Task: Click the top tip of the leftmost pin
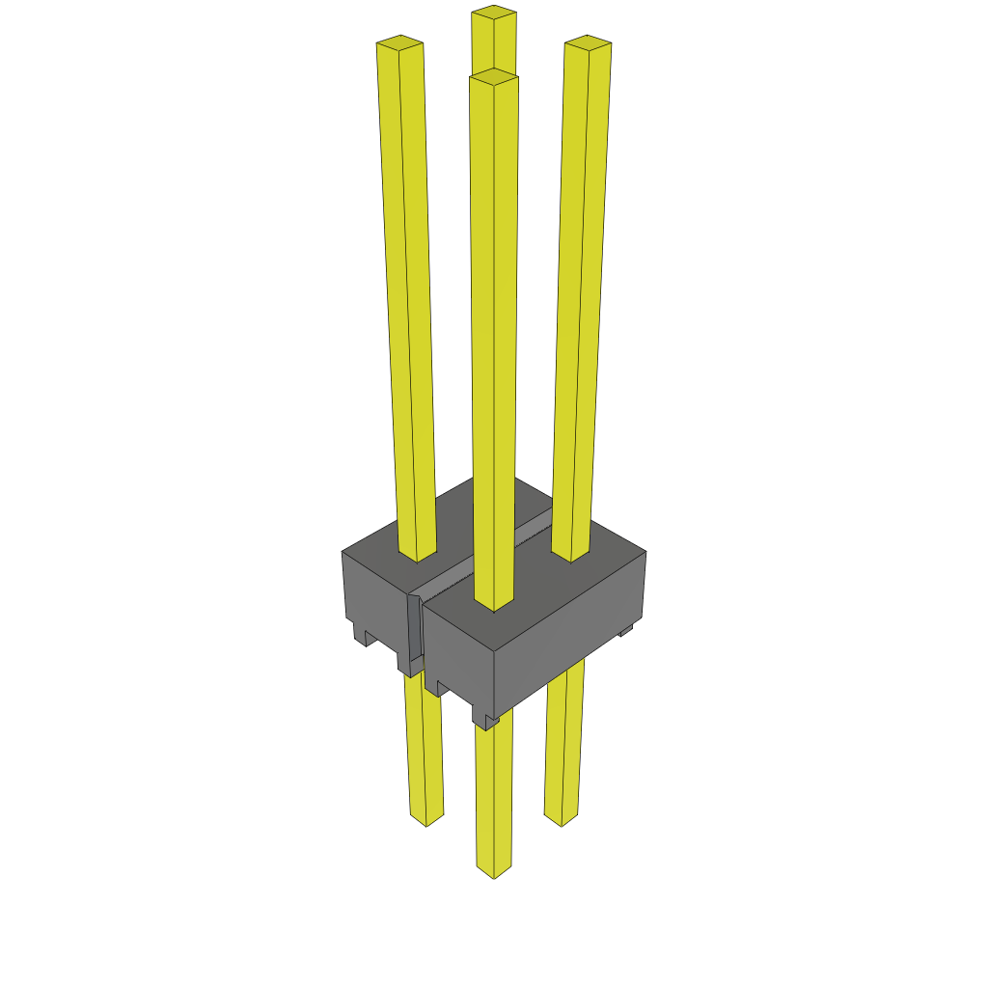[399, 42]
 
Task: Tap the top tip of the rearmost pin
[493, 13]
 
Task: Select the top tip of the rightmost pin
[588, 42]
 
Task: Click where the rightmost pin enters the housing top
[570, 554]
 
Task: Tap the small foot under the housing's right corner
[625, 631]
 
